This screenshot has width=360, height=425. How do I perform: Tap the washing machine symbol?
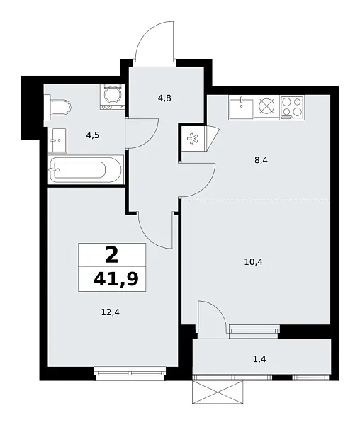112,96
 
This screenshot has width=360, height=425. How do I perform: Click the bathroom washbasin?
57,141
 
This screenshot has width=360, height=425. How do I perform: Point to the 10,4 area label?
252,261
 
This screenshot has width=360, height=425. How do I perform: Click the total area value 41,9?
116,279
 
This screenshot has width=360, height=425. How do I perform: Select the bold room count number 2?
111,254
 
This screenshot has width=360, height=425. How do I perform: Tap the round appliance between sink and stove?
266,107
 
